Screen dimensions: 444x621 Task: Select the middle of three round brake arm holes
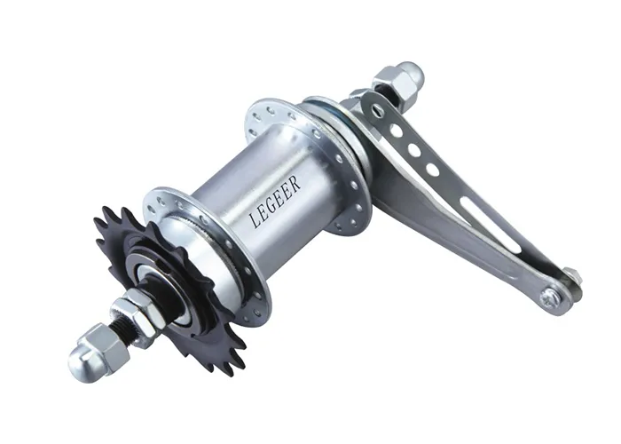pos(413,150)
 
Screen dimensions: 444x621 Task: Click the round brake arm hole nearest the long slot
pos(432,169)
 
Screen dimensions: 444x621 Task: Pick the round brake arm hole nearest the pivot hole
pos(397,131)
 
